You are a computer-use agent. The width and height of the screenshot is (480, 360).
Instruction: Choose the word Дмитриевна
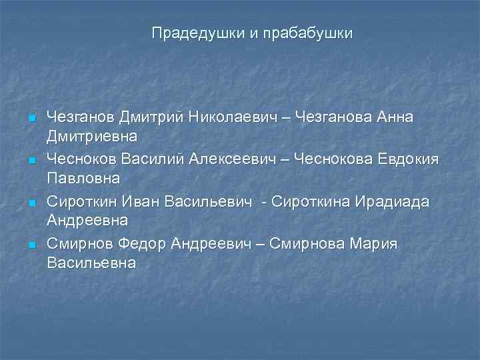93,137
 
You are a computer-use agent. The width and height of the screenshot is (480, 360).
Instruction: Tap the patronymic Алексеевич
236,160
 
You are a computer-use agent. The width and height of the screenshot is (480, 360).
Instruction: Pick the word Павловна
83,179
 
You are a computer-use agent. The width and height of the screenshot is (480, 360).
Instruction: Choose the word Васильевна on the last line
91,263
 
